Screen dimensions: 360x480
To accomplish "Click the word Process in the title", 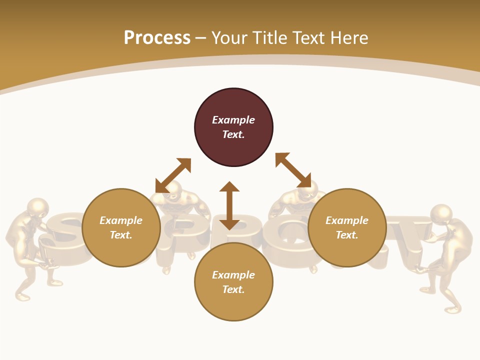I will [x=157, y=37].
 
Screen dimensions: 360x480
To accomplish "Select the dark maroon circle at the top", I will [x=233, y=127].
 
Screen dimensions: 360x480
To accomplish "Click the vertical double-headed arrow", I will [x=229, y=205].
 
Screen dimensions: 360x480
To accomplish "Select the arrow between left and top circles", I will [x=173, y=175].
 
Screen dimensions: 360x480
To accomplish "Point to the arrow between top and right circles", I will [x=293, y=170].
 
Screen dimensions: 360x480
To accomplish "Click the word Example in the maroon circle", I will [x=233, y=120].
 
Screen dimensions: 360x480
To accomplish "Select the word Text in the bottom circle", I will [x=233, y=289].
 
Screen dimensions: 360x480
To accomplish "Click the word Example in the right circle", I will [x=347, y=220].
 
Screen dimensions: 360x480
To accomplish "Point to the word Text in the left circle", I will [x=121, y=235].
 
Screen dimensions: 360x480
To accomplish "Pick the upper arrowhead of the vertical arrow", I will [x=229, y=186].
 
